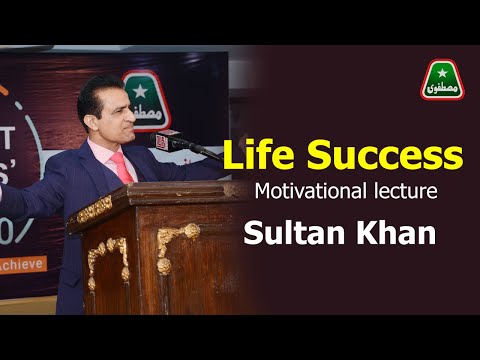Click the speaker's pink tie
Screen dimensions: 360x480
tap(123, 165)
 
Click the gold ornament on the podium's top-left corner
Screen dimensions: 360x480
tap(95, 210)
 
